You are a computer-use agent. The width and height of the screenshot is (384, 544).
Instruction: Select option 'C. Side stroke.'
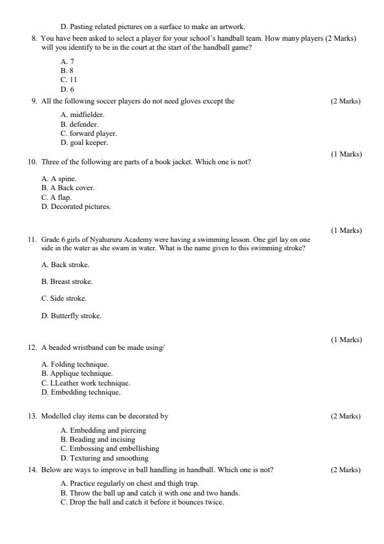point(64,298)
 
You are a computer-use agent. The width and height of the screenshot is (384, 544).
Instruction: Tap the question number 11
point(32,239)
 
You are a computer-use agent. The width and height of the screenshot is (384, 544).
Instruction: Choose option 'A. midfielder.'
point(82,114)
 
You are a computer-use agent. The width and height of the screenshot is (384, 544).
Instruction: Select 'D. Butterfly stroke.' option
point(71,316)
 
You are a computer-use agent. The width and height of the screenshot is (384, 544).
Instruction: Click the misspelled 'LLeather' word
point(63,382)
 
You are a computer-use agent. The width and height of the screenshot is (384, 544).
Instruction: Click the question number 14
point(32,470)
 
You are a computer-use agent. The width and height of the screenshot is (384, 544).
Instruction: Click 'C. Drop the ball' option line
point(142,502)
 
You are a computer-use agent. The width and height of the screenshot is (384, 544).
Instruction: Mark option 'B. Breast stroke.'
point(67,281)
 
